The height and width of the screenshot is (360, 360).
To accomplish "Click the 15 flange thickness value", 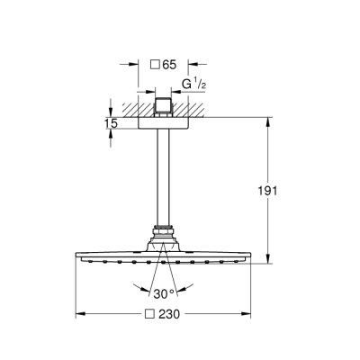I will (110, 122).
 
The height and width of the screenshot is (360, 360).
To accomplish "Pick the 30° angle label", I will (162, 293).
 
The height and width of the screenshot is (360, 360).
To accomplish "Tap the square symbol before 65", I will (154, 65).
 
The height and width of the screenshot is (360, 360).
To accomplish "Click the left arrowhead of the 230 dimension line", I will (77, 314).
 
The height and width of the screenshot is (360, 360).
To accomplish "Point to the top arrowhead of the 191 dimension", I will (267, 120).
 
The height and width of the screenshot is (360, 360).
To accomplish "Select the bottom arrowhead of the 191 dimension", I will (267, 260).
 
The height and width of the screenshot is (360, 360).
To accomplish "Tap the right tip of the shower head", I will (247, 257).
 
